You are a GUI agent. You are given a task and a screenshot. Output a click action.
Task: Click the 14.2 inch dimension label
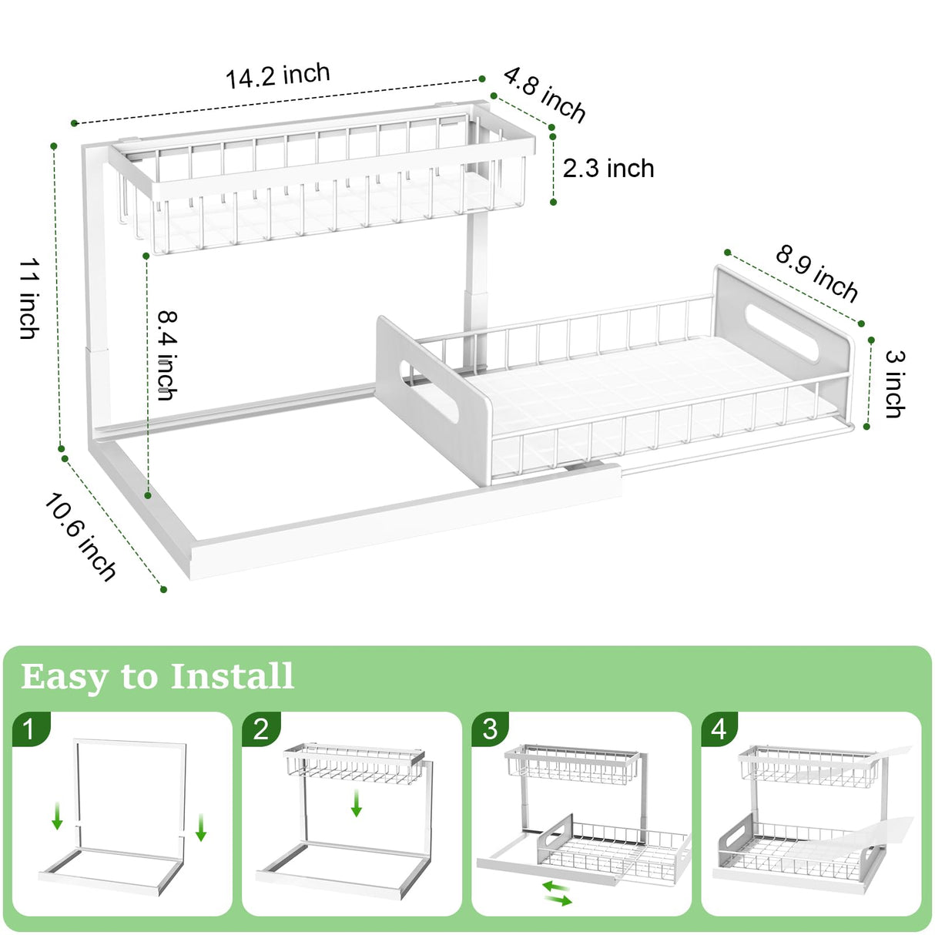tap(277, 75)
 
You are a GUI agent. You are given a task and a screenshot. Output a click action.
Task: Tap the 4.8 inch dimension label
tap(545, 95)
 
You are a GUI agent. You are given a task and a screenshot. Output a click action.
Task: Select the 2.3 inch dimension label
tap(608, 168)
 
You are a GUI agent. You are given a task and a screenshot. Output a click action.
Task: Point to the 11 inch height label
tap(29, 299)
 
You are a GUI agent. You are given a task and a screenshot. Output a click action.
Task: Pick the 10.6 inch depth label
tap(80, 537)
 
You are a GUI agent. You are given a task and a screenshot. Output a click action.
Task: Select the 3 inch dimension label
tap(894, 384)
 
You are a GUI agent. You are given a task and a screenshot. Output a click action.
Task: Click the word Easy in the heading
tap(65, 678)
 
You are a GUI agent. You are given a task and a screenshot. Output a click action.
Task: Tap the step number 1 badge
tap(30, 729)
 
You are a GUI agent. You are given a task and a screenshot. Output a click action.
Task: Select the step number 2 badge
tap(261, 729)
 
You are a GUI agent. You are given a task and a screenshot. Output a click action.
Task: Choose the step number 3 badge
tap(490, 729)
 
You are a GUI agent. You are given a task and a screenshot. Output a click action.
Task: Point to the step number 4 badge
tap(719, 729)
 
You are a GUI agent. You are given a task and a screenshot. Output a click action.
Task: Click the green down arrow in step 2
tap(356, 803)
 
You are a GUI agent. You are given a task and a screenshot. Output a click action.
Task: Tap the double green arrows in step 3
tap(557, 893)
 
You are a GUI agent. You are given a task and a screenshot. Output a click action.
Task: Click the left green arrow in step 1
tap(57, 816)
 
